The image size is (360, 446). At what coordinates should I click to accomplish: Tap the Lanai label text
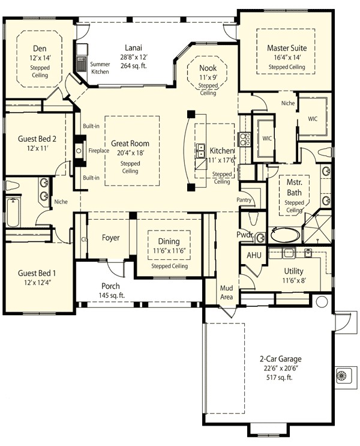[133, 47]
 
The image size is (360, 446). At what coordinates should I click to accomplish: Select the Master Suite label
[286, 47]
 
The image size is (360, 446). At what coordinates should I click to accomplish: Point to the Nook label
[208, 68]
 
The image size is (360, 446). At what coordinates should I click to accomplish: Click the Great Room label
[130, 143]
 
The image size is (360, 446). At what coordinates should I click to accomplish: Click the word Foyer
[110, 238]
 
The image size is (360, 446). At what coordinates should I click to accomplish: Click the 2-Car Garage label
[281, 359]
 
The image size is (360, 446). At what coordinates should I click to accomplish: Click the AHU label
[253, 255]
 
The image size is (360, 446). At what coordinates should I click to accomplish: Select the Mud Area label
[226, 292]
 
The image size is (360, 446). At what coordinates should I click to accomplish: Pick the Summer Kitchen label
[100, 67]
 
